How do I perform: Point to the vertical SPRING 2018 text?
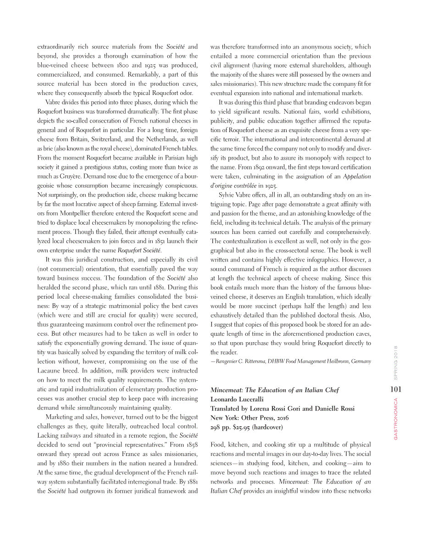point(395,362)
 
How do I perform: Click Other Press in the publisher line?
point(255,417)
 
